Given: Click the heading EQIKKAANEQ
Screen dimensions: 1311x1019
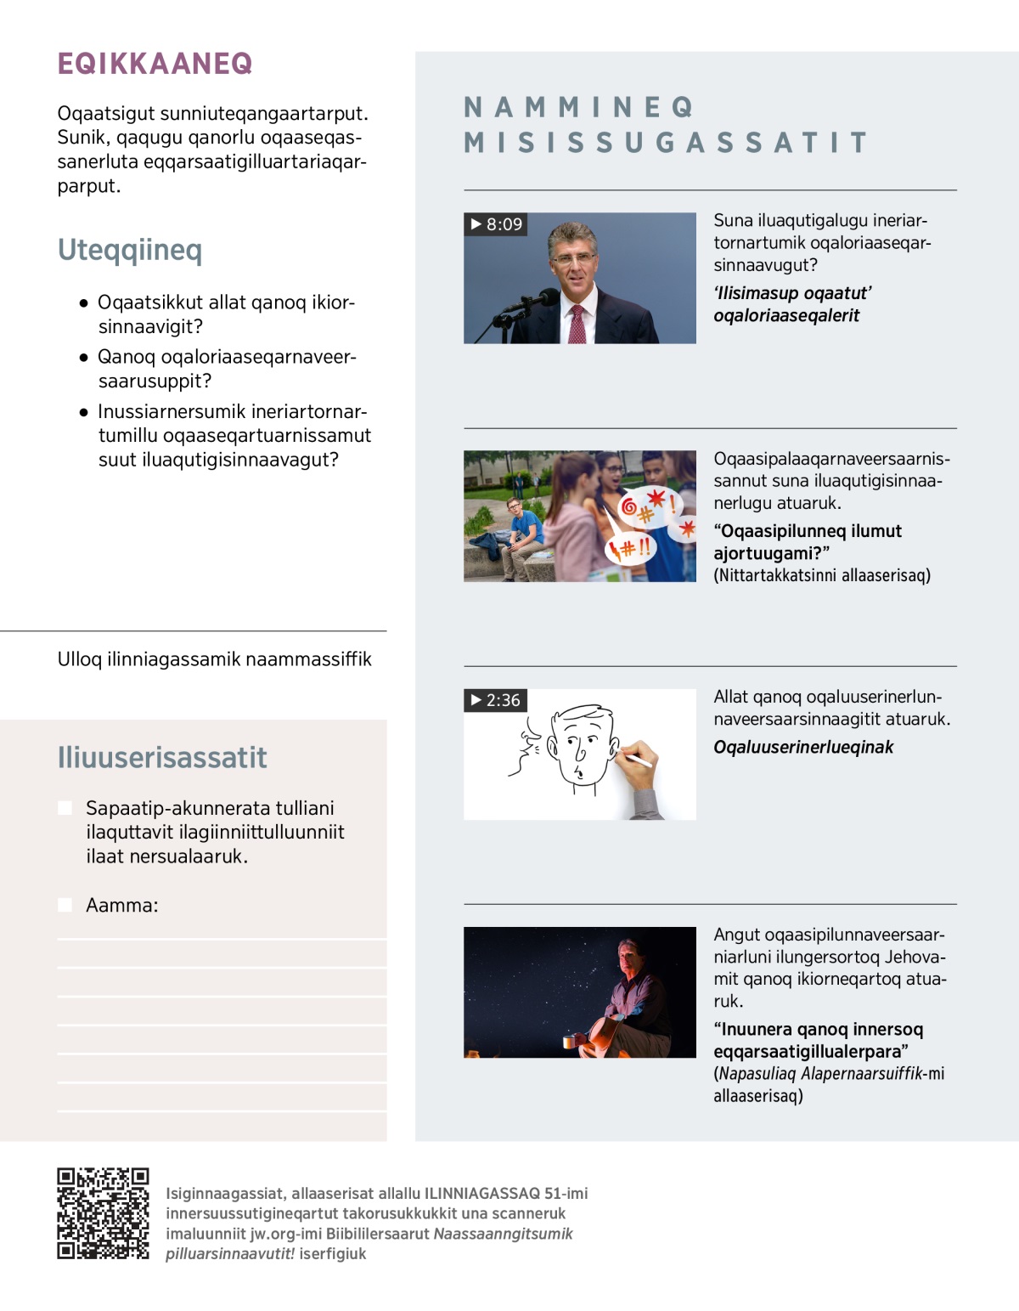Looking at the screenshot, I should (x=155, y=64).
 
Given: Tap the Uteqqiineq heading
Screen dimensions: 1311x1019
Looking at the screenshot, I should (x=129, y=250).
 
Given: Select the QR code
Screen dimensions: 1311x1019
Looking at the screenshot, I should (x=103, y=1213).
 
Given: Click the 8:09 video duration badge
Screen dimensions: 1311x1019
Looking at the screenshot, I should (x=496, y=224).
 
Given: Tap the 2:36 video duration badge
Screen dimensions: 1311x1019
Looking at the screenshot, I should (x=496, y=700).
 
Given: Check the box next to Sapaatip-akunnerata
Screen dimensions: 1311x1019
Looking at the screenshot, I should (x=65, y=808).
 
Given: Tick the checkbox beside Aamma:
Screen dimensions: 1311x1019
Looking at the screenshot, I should (x=65, y=905).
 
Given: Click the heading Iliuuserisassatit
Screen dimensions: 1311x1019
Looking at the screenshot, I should (x=161, y=757).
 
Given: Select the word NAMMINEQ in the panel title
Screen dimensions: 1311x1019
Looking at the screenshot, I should (x=579, y=107).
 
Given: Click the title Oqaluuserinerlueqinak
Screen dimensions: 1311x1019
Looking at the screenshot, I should (x=803, y=747).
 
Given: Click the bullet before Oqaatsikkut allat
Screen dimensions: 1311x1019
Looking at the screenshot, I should (x=83, y=302).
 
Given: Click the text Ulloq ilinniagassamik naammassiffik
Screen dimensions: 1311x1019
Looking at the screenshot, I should (x=214, y=659).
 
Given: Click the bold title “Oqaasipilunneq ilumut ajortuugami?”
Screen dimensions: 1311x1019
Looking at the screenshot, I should (x=807, y=542).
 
